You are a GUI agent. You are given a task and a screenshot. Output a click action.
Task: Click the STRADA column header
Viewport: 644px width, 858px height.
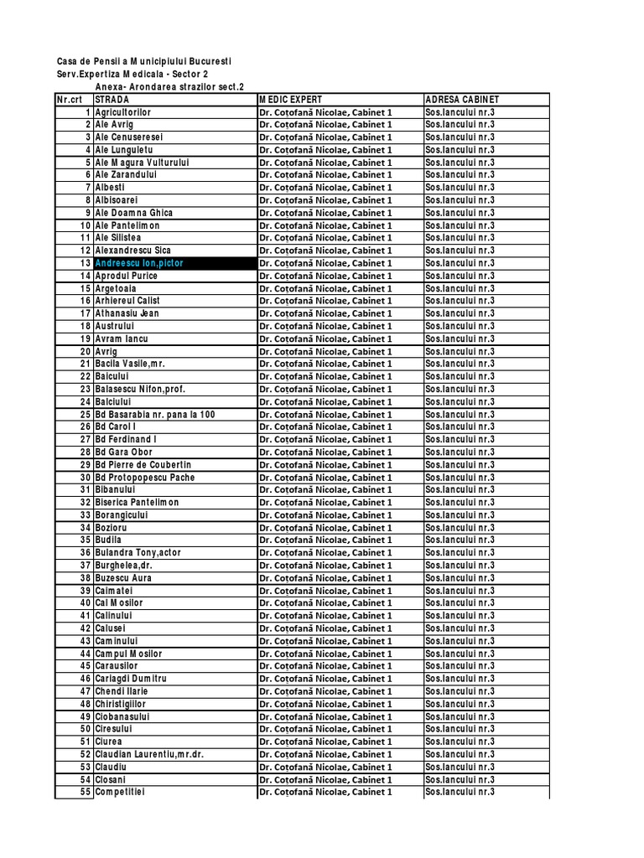[112, 100]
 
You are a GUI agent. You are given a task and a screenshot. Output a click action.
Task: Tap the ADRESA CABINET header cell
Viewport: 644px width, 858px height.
[462, 100]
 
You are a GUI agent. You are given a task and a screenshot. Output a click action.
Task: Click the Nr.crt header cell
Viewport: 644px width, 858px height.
[74, 100]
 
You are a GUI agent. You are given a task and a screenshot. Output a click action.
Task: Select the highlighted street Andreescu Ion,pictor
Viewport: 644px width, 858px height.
[139, 263]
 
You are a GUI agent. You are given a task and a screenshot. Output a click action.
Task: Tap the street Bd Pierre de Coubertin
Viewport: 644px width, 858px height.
[143, 465]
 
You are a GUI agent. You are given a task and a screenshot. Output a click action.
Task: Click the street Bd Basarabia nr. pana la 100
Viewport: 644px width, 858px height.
[155, 415]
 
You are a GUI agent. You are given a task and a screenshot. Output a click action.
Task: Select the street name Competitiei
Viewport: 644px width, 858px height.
[120, 792]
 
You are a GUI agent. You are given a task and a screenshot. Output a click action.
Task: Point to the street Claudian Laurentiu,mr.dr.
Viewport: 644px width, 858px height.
[149, 754]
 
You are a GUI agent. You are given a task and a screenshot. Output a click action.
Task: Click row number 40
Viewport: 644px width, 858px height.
[85, 603]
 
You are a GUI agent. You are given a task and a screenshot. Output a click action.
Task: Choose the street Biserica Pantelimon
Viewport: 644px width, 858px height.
[137, 503]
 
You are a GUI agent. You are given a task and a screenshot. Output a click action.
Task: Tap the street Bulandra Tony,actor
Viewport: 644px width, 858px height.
[138, 553]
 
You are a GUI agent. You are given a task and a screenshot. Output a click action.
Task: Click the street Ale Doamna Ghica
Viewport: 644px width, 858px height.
[134, 213]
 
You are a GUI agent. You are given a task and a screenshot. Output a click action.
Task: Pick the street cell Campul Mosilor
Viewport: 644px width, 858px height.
[128, 654]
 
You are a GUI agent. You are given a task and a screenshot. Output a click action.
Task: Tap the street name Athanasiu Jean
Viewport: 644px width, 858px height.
[127, 313]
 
